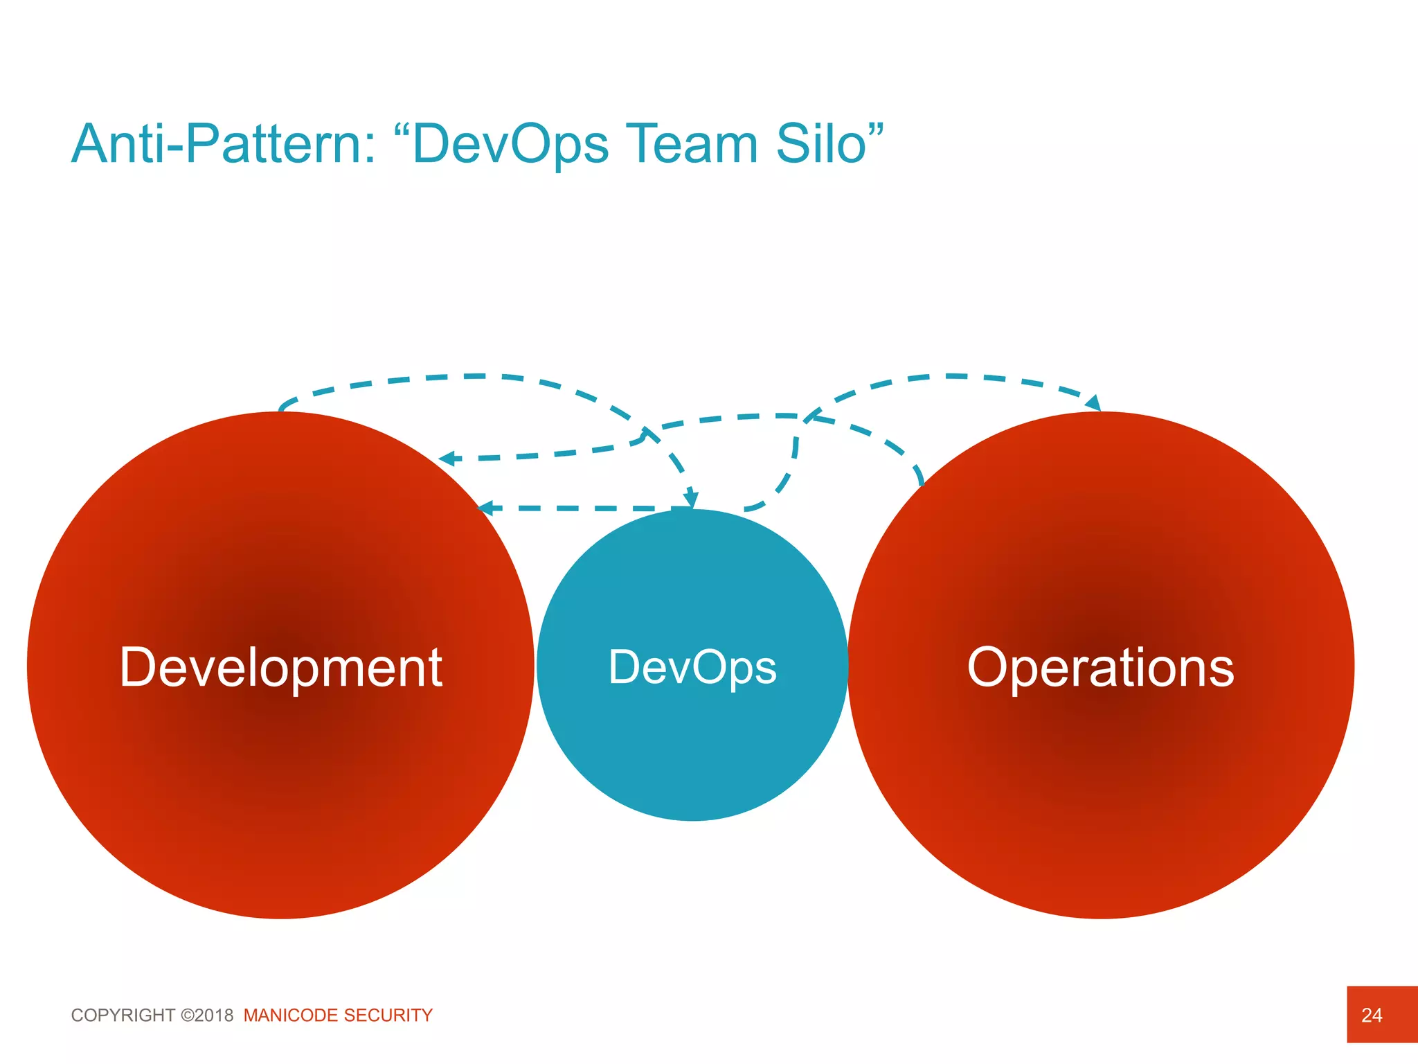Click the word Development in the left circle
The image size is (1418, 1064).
click(280, 667)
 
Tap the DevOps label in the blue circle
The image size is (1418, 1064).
click(692, 667)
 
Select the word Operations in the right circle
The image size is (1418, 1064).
click(1100, 667)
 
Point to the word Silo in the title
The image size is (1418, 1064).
click(821, 144)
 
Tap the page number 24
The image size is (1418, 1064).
click(1371, 1016)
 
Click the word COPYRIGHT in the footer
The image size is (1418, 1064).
click(123, 1016)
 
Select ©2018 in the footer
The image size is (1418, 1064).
click(207, 1016)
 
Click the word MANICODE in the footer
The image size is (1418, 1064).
click(291, 1016)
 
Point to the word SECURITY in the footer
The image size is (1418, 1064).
click(388, 1016)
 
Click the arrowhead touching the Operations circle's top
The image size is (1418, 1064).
click(1093, 403)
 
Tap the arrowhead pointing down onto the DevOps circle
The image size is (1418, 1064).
click(691, 500)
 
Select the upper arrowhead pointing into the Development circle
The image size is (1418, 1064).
click(448, 459)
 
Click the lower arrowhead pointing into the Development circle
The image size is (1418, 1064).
click(486, 508)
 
